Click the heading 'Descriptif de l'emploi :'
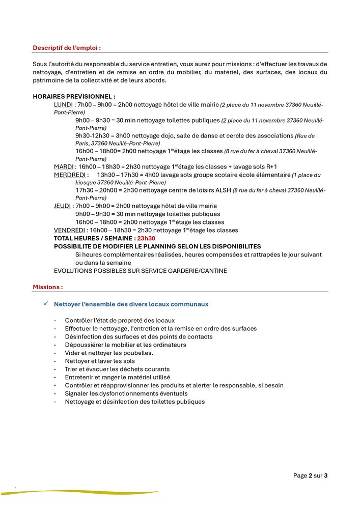tap(67, 48)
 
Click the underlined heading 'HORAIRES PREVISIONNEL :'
tap(74, 97)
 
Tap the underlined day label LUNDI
tap(63, 104)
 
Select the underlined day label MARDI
tap(64, 167)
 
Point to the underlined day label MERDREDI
tap(68, 175)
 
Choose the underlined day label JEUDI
tap(63, 206)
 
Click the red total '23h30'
tap(146, 238)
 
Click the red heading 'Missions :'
tap(48, 287)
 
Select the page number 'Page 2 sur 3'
tap(310, 476)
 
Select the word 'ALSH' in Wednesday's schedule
tap(223, 190)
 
